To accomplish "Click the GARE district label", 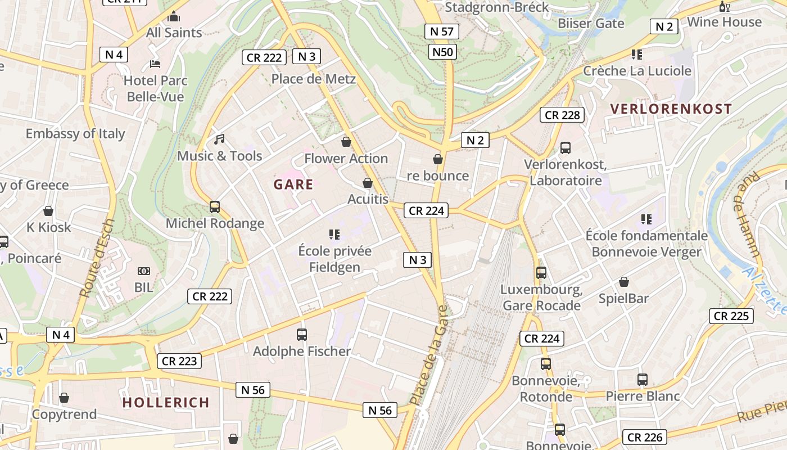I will tap(293, 184).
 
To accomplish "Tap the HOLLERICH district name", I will tap(166, 403).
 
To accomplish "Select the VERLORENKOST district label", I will tap(671, 109).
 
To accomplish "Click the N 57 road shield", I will tap(442, 31).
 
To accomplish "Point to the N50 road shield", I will tap(442, 52).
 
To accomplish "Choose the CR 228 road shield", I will tap(562, 115).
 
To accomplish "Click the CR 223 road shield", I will tap(179, 361).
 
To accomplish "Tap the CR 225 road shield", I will tap(731, 316).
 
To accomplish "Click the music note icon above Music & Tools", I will tap(219, 139).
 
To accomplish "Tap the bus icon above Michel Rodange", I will tap(215, 206).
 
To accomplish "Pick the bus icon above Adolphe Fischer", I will tap(302, 335).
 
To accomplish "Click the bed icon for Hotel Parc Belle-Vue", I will tap(155, 64).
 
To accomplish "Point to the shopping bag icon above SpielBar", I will tap(623, 282).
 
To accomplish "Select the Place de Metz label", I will tap(314, 79).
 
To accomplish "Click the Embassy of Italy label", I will tap(75, 134).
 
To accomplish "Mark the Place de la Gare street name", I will tap(428, 355).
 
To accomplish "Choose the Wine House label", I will tap(725, 22).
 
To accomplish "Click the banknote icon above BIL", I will tap(144, 271).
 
